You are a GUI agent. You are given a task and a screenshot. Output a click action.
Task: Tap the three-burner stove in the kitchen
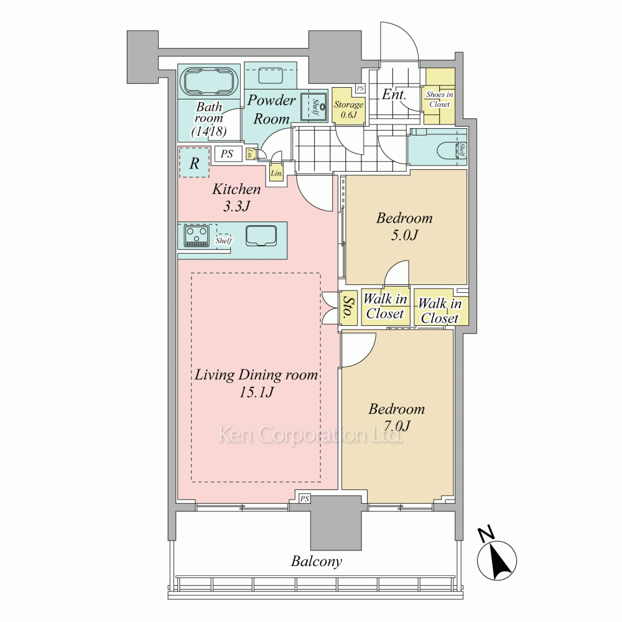click(197, 236)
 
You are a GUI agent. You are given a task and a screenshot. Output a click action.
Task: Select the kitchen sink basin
click(261, 236)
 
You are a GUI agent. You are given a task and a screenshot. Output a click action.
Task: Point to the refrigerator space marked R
click(194, 162)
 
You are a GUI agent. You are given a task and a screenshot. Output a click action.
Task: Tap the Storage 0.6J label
click(348, 110)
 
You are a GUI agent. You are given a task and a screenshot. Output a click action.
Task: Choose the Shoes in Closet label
click(440, 99)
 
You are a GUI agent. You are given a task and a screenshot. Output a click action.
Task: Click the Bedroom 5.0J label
click(404, 226)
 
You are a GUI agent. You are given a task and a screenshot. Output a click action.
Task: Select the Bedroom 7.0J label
click(396, 417)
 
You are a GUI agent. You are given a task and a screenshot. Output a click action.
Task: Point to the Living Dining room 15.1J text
click(256, 383)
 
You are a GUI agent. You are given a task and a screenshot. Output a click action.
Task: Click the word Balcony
click(316, 562)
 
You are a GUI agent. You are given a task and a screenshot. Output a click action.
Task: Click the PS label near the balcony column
click(304, 499)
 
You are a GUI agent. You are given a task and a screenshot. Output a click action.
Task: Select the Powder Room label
click(272, 109)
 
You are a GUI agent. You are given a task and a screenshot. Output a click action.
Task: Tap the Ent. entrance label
click(394, 95)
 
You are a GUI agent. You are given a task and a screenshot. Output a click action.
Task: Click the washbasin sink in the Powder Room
click(313, 107)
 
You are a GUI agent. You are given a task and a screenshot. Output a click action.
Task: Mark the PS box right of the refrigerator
click(227, 154)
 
